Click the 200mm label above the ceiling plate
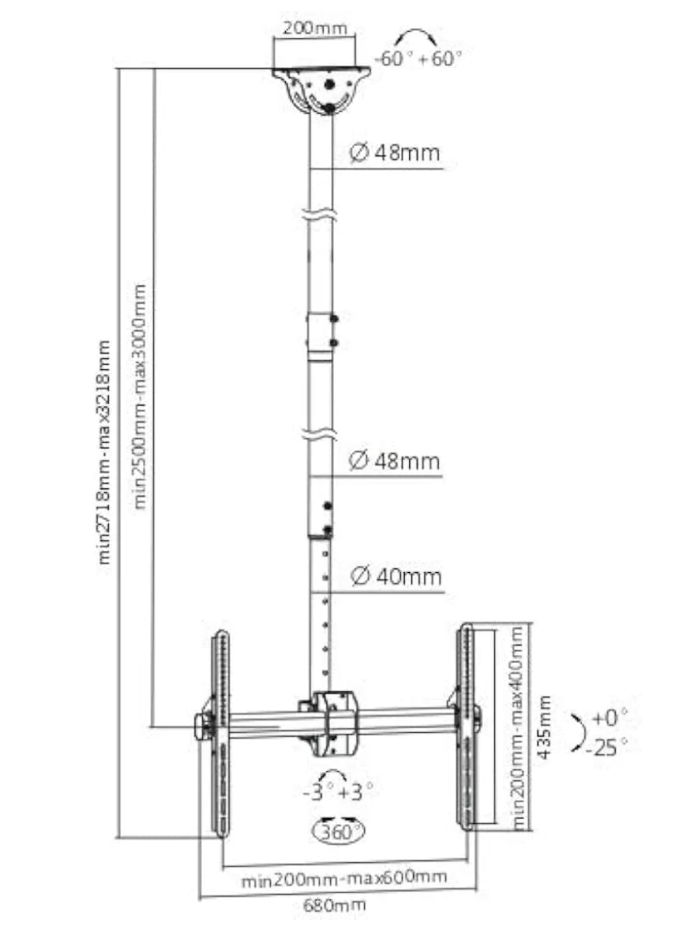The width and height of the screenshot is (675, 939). (315, 28)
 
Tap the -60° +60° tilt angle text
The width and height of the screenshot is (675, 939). (419, 59)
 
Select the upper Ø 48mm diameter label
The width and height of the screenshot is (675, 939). (395, 152)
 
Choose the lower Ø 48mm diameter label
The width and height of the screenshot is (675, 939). (395, 462)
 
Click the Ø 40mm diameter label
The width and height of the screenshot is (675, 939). (396, 577)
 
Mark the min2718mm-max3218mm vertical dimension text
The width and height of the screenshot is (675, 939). (104, 452)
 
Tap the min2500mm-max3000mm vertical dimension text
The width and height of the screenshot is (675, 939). (141, 397)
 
